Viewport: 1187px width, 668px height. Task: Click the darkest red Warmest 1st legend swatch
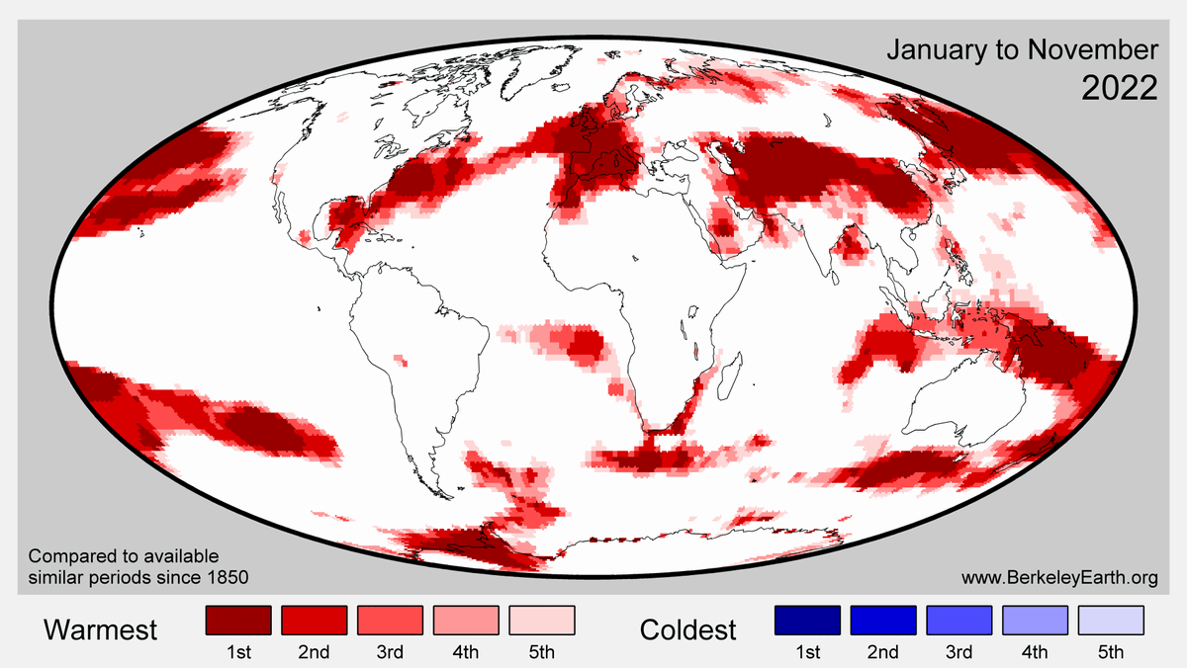[x=237, y=620]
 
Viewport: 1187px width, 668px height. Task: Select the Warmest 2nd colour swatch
[x=314, y=620]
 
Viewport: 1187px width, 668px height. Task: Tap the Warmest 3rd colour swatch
[x=390, y=620]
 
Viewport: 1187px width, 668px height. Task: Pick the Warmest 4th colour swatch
[x=466, y=620]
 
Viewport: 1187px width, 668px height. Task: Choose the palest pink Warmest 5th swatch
[x=542, y=620]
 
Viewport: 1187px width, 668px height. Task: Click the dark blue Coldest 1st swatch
[x=807, y=620]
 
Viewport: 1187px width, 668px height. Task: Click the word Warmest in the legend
[x=101, y=629]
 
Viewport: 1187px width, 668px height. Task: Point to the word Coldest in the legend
[x=688, y=629]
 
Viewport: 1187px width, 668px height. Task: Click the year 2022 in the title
[x=1119, y=88]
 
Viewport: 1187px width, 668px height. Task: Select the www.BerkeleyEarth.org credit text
[x=1058, y=577]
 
